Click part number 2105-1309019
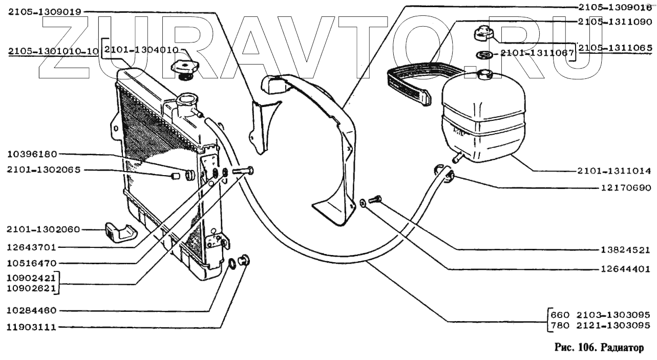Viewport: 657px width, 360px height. pos(45,12)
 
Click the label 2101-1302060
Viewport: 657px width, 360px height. pos(45,229)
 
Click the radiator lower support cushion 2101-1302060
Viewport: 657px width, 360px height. pos(119,233)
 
